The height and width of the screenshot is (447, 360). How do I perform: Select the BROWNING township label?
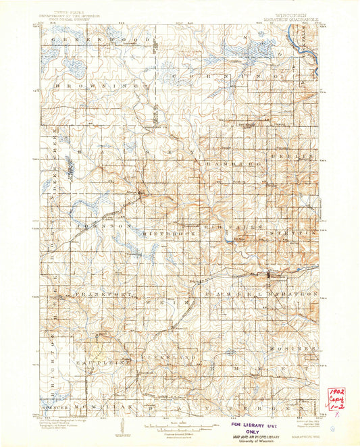point(101,87)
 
